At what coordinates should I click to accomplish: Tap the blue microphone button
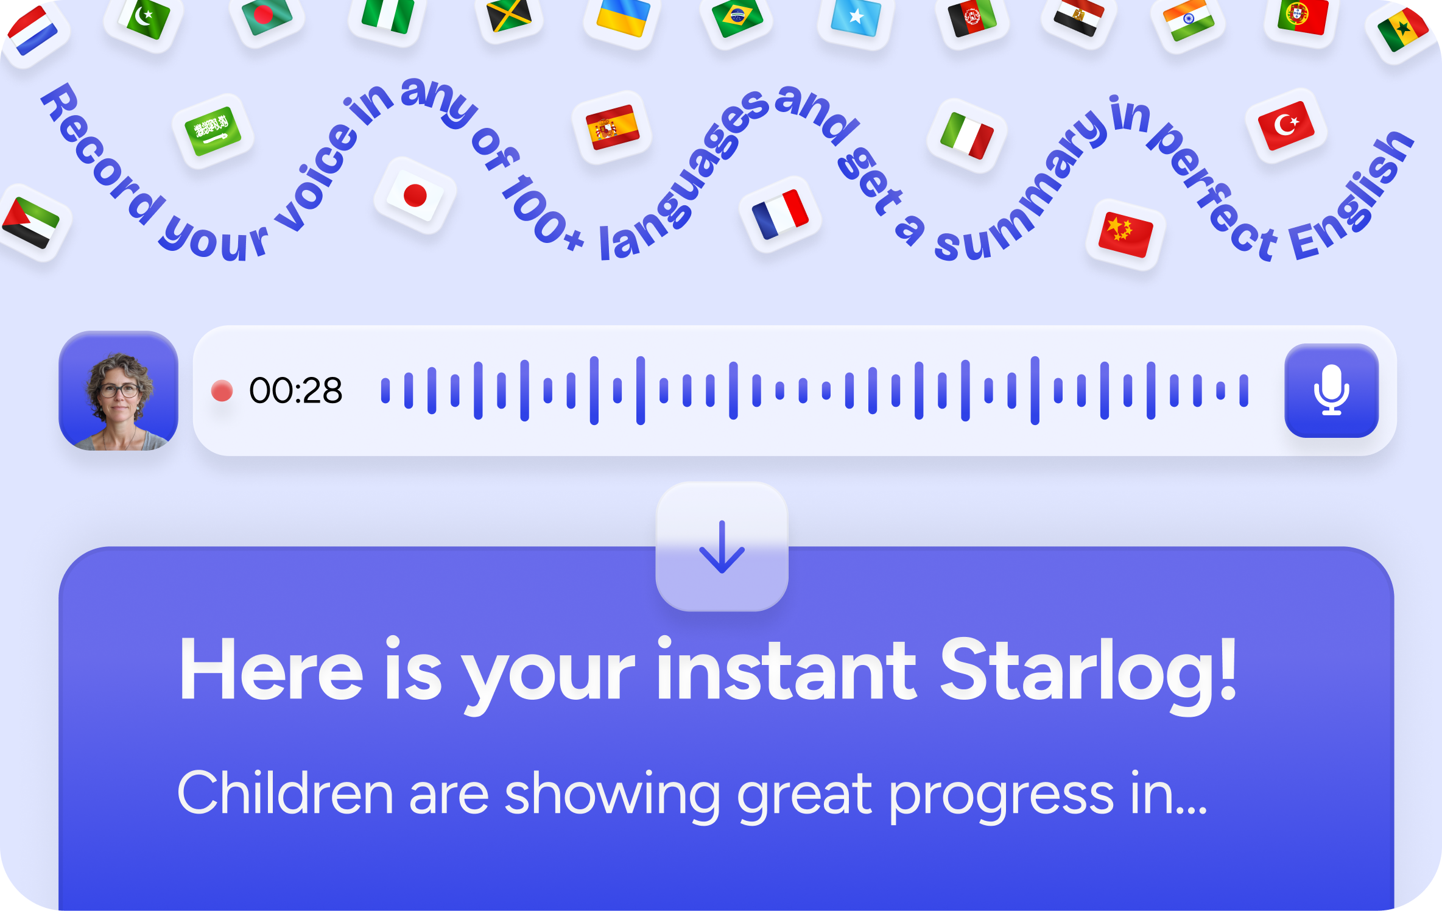coord(1331,390)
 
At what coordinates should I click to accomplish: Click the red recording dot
coord(222,391)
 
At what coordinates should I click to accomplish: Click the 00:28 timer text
coord(296,391)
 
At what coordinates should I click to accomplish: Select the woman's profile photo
coord(119,391)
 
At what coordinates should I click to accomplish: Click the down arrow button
coord(722,547)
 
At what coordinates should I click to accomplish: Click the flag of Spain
coord(612,127)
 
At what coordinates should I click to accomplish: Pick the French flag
coord(780,214)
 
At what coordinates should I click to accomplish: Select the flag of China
coord(1125,234)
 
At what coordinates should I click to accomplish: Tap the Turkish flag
coord(1286,125)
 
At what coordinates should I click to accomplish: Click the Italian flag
coord(966,135)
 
